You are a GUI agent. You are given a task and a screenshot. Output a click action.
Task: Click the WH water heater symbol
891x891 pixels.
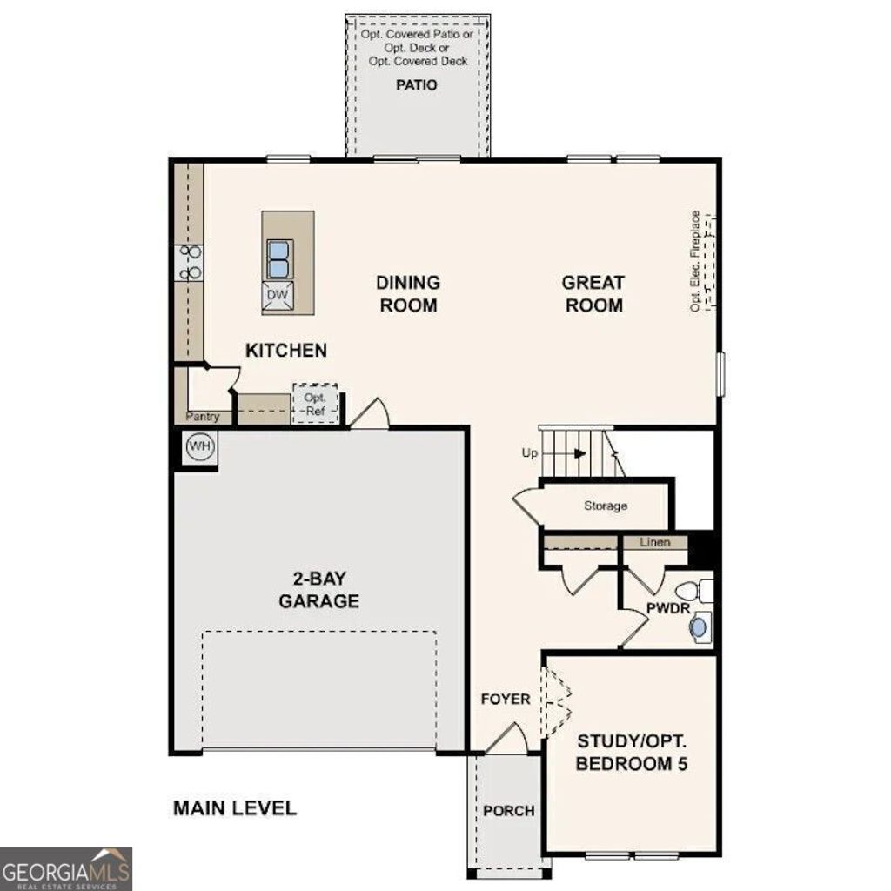[201, 447]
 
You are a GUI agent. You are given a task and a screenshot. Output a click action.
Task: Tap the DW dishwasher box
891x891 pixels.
[277, 296]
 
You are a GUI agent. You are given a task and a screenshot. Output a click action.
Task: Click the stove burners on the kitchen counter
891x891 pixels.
[189, 263]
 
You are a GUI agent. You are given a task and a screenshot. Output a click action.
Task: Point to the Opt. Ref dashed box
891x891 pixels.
[314, 404]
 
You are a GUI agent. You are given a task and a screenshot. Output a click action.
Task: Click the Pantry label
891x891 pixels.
[202, 418]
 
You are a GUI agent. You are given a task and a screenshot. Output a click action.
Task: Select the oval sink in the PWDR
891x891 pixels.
[699, 626]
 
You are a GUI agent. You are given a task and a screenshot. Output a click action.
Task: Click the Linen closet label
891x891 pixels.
[655, 543]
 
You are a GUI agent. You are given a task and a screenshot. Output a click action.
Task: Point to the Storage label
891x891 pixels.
[606, 506]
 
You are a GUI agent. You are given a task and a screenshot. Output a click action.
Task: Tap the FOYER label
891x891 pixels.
[506, 699]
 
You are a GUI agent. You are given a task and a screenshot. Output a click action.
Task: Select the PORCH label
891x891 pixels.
[509, 811]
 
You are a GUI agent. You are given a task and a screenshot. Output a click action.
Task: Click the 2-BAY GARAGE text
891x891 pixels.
[318, 590]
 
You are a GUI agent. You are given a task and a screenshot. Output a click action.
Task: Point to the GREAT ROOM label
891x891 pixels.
[593, 294]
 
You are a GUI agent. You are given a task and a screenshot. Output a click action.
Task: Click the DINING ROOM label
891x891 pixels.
[407, 294]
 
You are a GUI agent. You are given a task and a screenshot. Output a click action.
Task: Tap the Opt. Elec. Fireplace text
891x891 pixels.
[695, 261]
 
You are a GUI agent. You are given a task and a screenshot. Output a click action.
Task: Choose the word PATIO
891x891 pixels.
[417, 85]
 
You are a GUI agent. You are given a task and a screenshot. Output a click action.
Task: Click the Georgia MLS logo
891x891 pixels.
[66, 868]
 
